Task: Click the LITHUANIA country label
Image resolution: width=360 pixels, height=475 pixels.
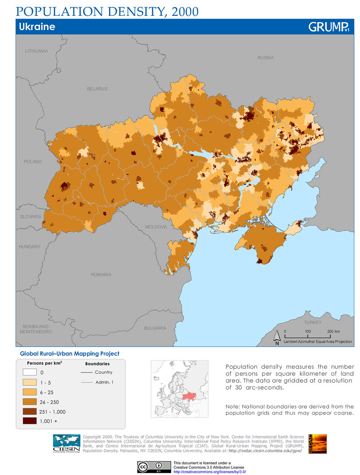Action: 37,51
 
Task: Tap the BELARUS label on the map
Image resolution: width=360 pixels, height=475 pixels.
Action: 97,89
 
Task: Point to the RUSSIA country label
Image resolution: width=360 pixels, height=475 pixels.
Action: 265,58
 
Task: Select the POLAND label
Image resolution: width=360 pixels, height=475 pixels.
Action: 32,162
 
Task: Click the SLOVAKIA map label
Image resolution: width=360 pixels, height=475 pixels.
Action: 31,217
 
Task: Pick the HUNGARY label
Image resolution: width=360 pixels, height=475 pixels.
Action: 30,247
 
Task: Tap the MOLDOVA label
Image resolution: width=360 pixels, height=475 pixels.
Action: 156,227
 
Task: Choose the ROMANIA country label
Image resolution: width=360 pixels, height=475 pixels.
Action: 101,275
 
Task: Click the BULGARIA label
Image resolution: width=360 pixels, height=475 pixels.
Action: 155,328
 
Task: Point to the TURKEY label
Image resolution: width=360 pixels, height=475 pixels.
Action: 312,322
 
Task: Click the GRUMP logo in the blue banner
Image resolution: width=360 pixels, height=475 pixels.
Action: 328,27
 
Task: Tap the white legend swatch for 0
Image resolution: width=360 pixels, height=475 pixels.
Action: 29,372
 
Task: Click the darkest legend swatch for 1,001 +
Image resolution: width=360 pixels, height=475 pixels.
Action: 29,421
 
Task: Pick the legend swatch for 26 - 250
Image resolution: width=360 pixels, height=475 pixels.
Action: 29,402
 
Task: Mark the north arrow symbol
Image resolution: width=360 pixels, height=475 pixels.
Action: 276,338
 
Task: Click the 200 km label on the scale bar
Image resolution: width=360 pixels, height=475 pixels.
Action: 333,331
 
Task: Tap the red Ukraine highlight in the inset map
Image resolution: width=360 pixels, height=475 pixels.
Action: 189,396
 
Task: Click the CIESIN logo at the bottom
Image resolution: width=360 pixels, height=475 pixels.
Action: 66,443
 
